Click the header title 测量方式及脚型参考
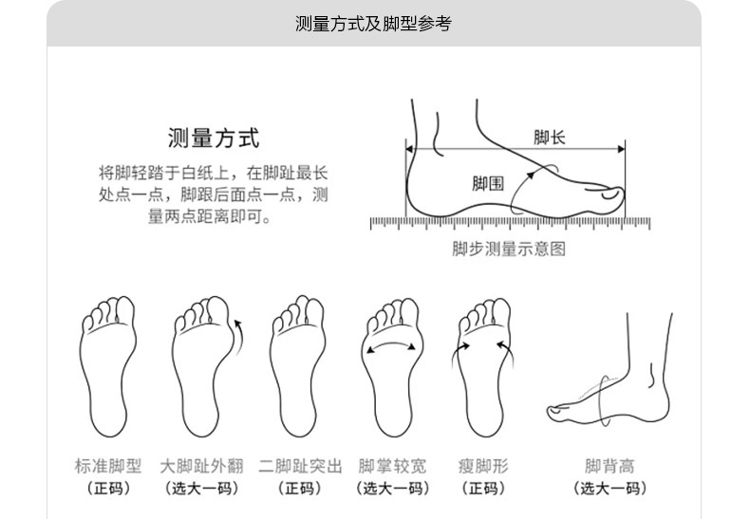373,24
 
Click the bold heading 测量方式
214,139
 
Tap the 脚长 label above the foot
550,138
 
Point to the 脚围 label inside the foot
488,183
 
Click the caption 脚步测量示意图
509,249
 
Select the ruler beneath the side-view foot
511,223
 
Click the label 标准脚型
108,466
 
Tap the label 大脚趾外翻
202,466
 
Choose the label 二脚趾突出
300,466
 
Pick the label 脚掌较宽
392,466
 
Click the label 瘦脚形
483,466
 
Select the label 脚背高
609,466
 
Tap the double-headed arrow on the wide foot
391,345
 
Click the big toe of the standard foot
125,309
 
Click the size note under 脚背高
609,489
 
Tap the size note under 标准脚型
108,489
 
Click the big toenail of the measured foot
610,195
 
